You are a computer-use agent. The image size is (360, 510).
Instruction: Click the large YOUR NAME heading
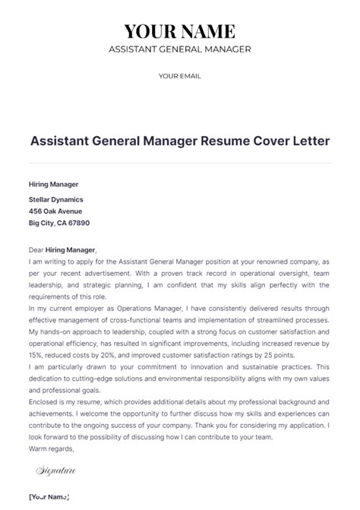pos(180,31)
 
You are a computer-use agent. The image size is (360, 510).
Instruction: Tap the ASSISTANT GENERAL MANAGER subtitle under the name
pos(180,49)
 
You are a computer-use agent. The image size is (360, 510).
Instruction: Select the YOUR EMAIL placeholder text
pos(180,75)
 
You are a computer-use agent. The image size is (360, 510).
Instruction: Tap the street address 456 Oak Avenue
pos(55,211)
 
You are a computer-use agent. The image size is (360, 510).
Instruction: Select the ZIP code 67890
pos(78,223)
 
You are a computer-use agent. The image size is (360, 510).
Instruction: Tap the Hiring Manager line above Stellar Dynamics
pos(54,184)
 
